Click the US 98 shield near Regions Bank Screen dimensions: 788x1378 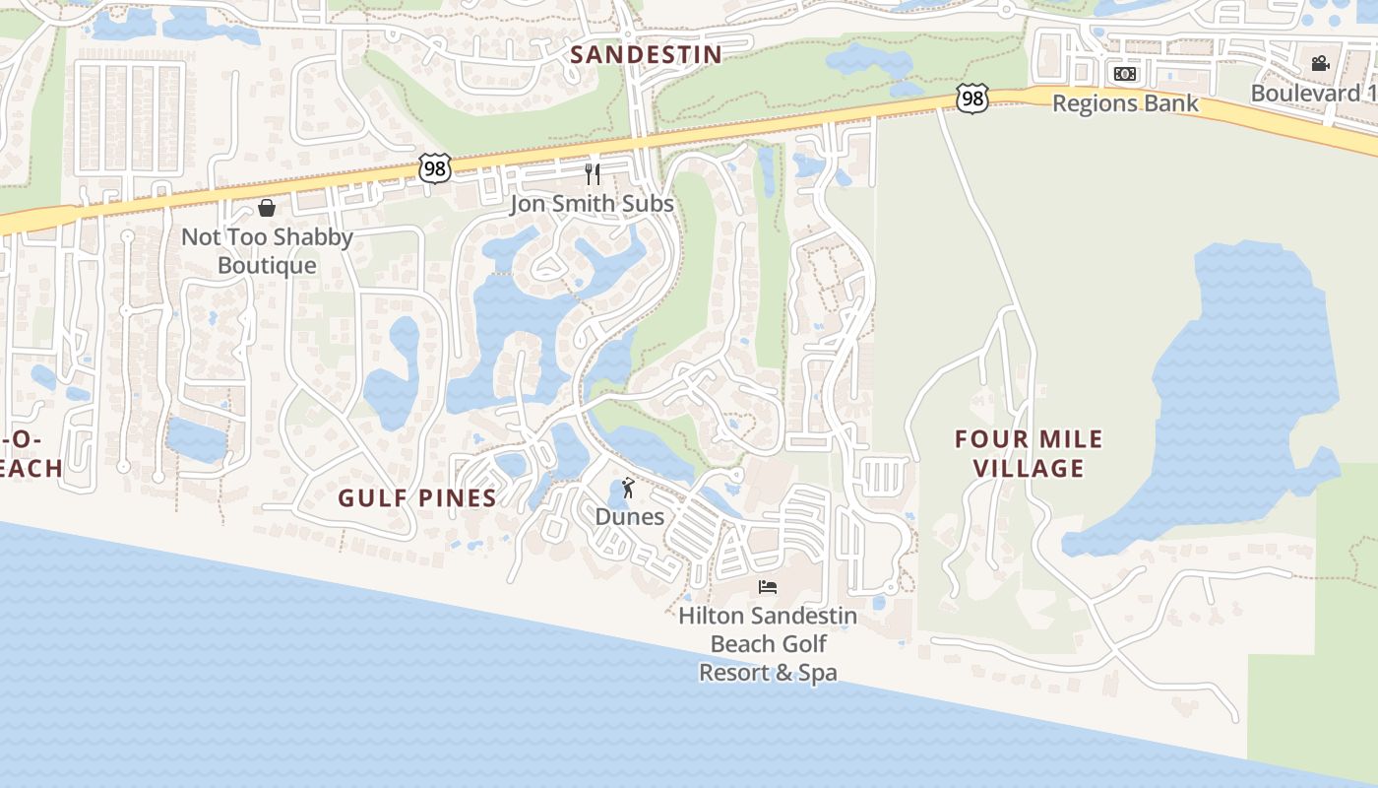coord(971,98)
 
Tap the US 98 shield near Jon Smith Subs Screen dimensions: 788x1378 coord(434,167)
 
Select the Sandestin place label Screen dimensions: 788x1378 coord(646,54)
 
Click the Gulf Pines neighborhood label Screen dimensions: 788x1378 coord(417,497)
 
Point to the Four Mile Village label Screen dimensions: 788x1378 coord(1030,453)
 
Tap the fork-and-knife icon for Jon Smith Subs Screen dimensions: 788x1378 coord(593,174)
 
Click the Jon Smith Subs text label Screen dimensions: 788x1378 coord(592,204)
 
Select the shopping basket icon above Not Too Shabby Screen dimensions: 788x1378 coord(266,208)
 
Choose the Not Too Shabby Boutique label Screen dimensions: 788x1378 coord(267,251)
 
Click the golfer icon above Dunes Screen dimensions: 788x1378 coord(628,488)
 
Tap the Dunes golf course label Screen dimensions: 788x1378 coord(629,516)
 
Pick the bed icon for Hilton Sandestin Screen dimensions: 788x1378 coord(768,587)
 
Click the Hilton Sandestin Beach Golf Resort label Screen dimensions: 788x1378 coord(768,644)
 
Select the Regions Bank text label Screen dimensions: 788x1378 coord(1125,102)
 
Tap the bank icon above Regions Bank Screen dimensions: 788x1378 coord(1125,74)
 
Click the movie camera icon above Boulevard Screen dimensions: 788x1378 coord(1320,64)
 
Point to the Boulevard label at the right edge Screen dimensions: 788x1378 coord(1313,93)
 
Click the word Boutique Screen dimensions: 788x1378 coord(267,265)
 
